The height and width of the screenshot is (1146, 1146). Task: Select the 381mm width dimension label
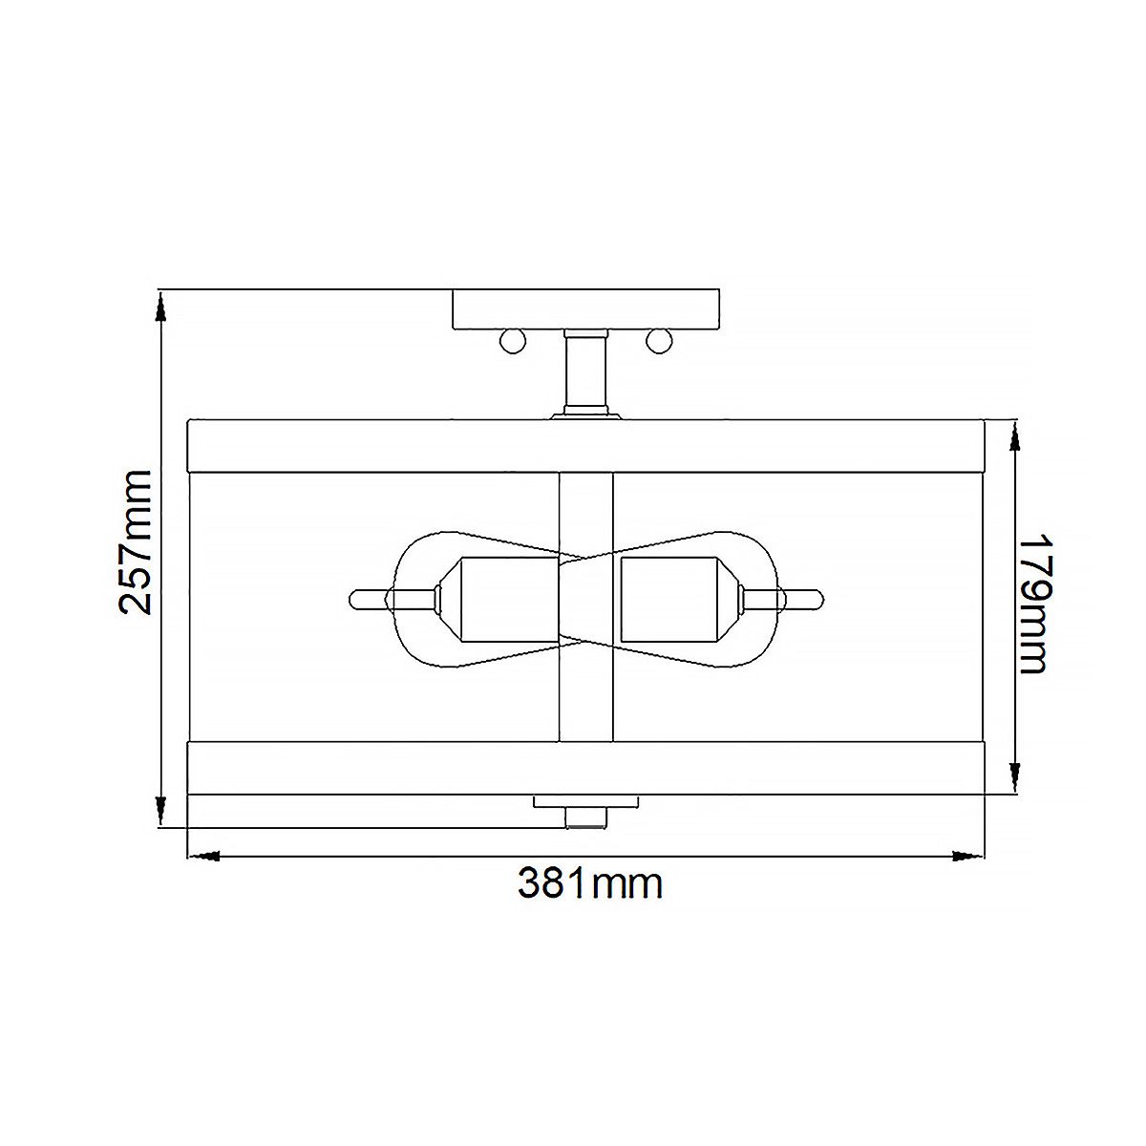[x=589, y=883]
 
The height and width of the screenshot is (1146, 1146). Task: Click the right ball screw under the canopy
[x=658, y=340]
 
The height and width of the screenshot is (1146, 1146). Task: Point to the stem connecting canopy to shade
[x=585, y=372]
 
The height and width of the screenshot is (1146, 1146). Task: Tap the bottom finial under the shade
[x=585, y=817]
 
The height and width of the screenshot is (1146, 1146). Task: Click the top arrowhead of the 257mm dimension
[x=160, y=304]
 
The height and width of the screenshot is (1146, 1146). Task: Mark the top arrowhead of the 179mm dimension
[x=1014, y=435]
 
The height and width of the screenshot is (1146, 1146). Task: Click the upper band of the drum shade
[x=382, y=444]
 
